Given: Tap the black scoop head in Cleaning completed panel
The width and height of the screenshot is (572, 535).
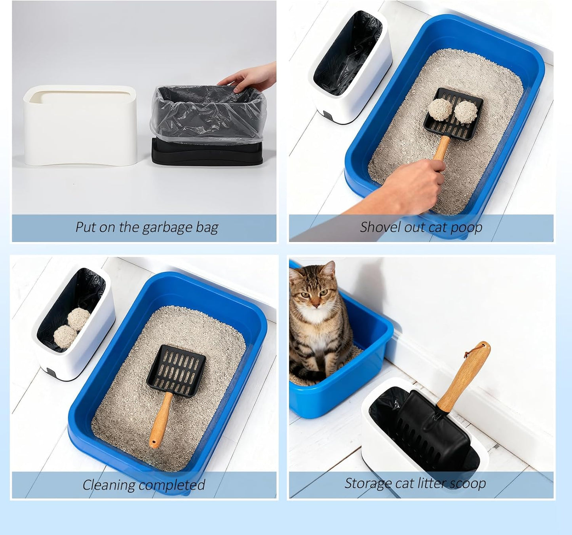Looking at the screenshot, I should click(x=177, y=368).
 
